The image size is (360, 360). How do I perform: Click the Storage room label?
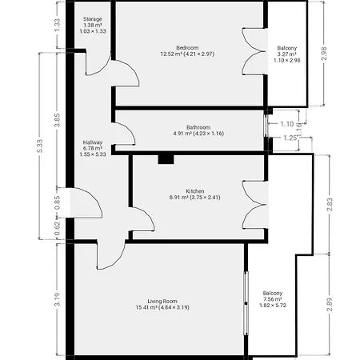[93, 19]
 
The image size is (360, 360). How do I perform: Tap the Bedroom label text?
[187, 48]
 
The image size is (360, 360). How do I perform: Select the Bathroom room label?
[198, 127]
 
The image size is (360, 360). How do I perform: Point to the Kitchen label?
[195, 191]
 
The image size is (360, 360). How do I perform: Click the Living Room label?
[162, 302]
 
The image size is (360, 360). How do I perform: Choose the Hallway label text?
[93, 142]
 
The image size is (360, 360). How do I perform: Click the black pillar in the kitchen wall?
[166, 159]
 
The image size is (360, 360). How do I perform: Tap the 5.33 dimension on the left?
[40, 146]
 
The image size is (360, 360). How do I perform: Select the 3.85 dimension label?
[57, 120]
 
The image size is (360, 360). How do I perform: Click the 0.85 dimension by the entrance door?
[57, 203]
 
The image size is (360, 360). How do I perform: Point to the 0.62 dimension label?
[57, 229]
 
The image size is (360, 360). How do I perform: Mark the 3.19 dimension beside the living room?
[57, 299]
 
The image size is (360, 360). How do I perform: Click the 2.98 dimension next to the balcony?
[324, 54]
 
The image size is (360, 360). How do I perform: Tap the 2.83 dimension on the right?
[330, 204]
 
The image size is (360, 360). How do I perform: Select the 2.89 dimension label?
[330, 305]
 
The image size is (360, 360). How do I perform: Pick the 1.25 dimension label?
[290, 138]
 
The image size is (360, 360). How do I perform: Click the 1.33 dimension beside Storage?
[57, 26]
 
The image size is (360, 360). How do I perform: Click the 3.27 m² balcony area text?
[287, 54]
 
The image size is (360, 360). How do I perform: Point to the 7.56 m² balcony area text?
[273, 299]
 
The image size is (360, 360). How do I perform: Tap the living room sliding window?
[246, 303]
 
